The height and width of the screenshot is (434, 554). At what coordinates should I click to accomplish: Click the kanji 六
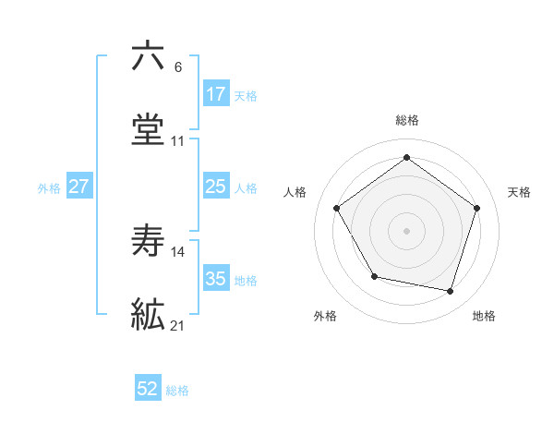[148, 56]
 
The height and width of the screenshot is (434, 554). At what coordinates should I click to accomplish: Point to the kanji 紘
[148, 314]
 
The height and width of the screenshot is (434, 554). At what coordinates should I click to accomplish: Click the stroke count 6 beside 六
[177, 67]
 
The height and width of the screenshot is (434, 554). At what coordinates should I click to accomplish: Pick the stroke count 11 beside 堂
[178, 141]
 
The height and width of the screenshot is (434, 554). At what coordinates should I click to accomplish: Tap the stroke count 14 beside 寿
[178, 251]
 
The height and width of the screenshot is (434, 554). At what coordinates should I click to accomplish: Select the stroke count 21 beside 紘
[178, 325]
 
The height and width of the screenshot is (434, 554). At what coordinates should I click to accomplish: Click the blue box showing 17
[215, 94]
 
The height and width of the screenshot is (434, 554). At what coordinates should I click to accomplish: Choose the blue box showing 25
[215, 187]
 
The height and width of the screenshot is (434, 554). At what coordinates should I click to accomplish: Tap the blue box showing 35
[215, 279]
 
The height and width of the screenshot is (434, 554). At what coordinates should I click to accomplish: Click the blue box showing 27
[79, 187]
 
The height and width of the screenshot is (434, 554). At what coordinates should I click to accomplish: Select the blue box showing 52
[148, 390]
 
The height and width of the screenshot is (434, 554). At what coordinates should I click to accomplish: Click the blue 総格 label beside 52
[178, 391]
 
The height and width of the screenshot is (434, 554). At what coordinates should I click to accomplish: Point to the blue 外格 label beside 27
[49, 188]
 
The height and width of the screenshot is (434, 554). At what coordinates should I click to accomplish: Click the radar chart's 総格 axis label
[407, 120]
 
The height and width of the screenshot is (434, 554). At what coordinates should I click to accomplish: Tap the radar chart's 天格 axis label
[519, 192]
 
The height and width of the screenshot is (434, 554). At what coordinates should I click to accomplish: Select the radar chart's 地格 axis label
[484, 316]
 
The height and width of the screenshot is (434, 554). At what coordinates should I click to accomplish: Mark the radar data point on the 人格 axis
[337, 208]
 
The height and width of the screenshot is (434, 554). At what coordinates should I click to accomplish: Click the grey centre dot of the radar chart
[407, 230]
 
